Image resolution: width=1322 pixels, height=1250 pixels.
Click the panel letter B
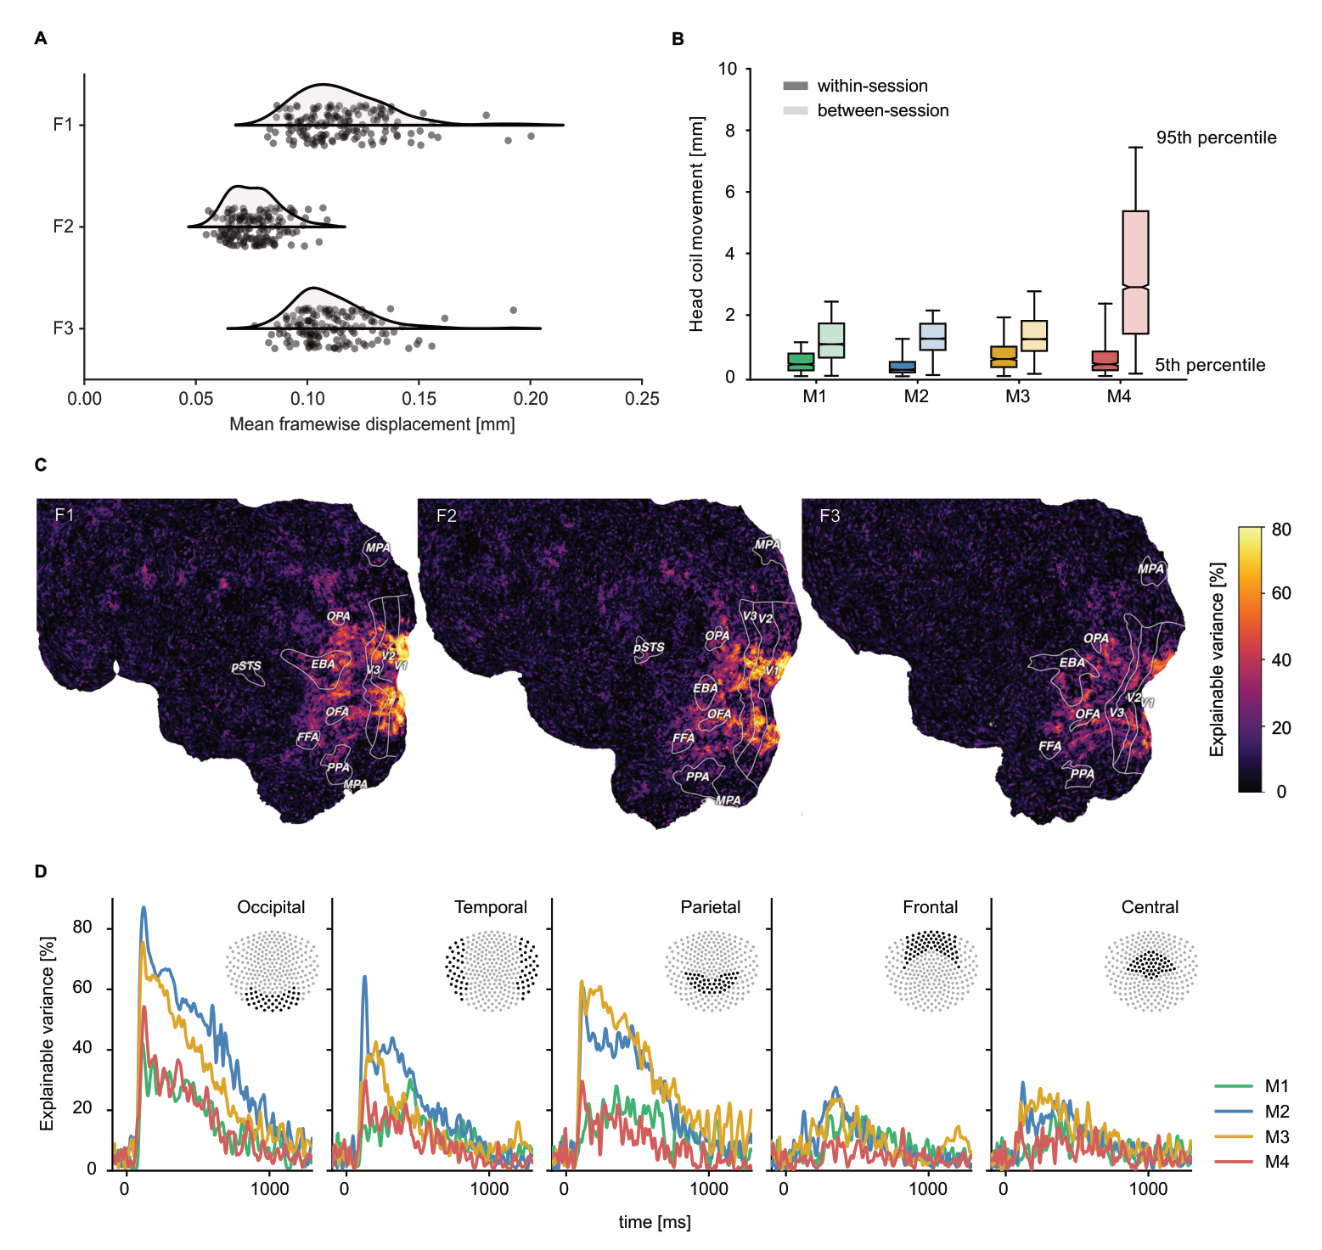pos(678,39)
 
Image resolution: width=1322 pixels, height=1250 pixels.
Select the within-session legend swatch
pos(796,86)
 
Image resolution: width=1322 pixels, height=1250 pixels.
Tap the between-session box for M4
pos(1135,272)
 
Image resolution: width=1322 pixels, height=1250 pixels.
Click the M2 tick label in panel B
pos(915,396)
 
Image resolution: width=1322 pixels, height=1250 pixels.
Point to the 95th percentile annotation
pos(1216,137)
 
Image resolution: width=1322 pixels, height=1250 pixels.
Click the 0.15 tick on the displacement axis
pos(419,399)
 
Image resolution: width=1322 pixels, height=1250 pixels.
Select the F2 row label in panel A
pos(64,227)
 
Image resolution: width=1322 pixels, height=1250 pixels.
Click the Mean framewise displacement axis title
pos(372,424)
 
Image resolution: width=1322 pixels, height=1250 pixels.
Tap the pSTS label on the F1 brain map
pos(246,666)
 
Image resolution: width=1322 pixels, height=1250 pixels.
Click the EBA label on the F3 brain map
pos(1072,662)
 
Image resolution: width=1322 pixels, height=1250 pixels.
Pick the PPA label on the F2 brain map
pos(697,776)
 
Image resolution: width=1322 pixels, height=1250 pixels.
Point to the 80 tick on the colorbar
pos(1280,530)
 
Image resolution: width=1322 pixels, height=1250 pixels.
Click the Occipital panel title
pos(271,907)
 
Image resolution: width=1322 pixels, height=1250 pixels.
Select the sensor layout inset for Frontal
pos(931,970)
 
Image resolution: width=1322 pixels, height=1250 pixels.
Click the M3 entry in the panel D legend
pos(1276,1137)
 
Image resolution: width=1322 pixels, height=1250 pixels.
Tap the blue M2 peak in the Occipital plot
pos(143,908)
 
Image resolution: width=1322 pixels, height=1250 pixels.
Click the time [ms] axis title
pos(654,1222)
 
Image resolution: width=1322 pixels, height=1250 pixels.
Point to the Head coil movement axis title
pos(697,224)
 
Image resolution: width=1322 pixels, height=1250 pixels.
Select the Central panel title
pos(1150,907)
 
